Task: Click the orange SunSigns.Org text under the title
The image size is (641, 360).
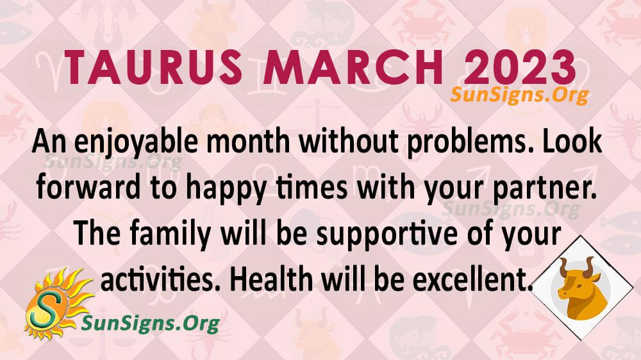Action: pyautogui.click(x=519, y=95)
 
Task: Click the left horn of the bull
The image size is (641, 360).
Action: pyautogui.click(x=562, y=265)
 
